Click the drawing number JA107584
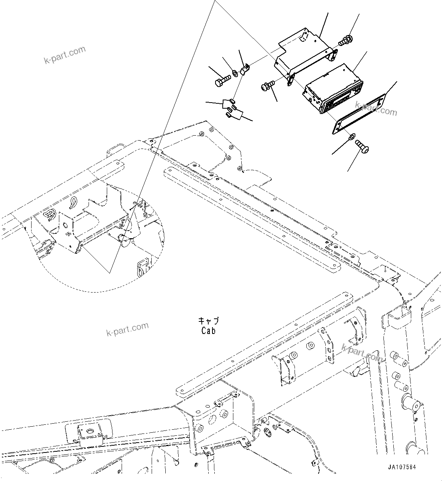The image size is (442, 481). [x=402, y=467]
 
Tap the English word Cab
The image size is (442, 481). [x=208, y=331]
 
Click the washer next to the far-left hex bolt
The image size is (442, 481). [x=235, y=73]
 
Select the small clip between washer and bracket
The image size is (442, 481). [x=245, y=70]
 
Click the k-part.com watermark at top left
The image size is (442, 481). [x=65, y=55]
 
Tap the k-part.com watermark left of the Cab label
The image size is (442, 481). [x=127, y=329]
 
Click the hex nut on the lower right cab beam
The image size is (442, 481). [x=310, y=347]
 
